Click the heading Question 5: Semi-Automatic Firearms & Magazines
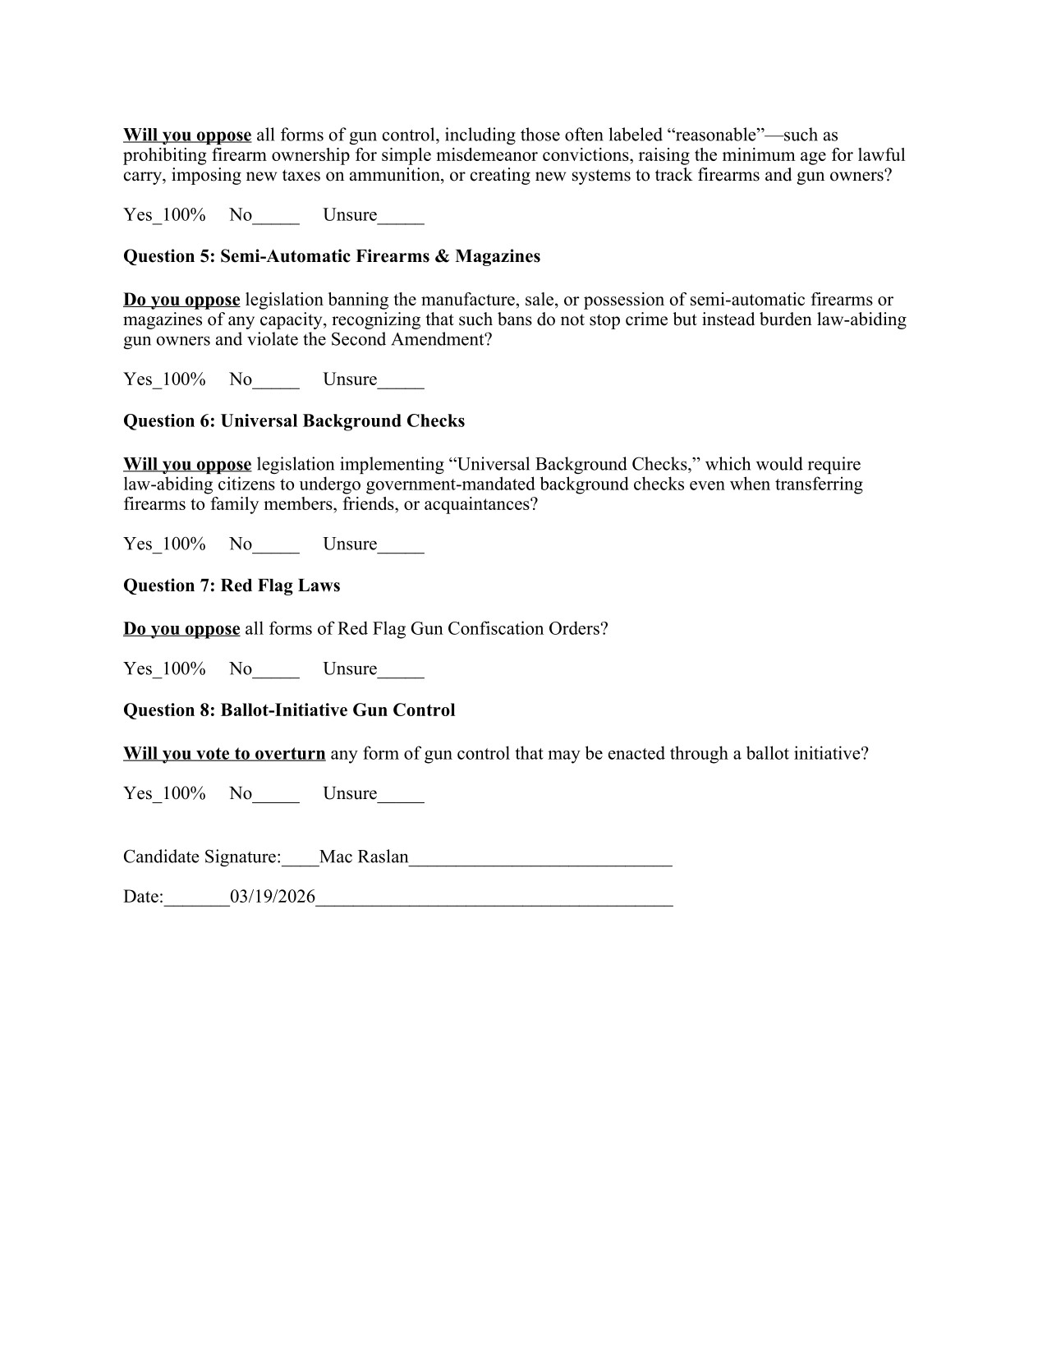click(x=332, y=256)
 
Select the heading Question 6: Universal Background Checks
click(x=294, y=421)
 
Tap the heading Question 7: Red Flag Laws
click(x=232, y=586)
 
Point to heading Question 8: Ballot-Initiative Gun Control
click(x=289, y=710)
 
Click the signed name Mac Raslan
click(x=364, y=857)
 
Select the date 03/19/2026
click(x=273, y=897)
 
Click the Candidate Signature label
click(x=202, y=857)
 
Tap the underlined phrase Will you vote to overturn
click(x=224, y=754)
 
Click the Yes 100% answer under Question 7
click(x=164, y=669)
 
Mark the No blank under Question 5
click(x=276, y=380)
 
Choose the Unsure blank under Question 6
click(x=401, y=545)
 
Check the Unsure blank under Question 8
click(x=401, y=795)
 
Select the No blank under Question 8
click(x=276, y=795)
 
